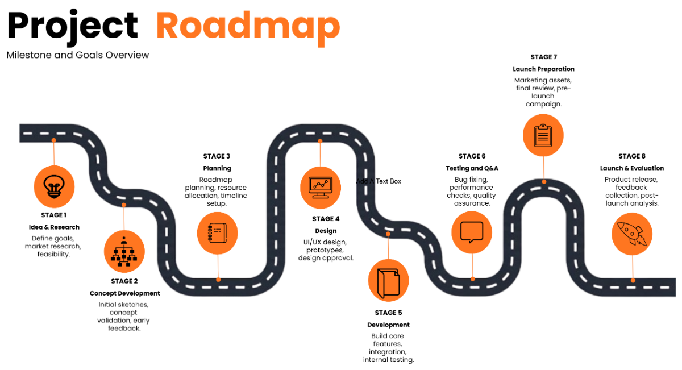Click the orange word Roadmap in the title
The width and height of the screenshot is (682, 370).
point(248,26)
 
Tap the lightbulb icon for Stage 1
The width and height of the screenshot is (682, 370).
point(54,186)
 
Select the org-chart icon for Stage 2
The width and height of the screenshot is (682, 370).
point(124,252)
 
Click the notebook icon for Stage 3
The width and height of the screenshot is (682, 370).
point(218,233)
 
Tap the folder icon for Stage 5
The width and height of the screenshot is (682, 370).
point(388,280)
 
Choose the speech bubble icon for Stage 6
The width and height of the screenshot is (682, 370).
point(472,232)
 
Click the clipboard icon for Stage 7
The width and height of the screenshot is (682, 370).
point(543,135)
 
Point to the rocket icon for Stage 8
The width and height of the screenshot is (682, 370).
point(632,233)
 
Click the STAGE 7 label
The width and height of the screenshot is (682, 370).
point(543,57)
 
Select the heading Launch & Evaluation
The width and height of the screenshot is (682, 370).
point(632,168)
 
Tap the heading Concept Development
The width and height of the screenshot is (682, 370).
point(124,293)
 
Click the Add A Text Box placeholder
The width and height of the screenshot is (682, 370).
point(379,181)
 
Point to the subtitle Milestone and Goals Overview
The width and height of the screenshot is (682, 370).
point(78,55)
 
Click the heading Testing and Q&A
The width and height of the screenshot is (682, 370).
point(472,168)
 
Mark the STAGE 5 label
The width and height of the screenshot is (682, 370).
point(388,313)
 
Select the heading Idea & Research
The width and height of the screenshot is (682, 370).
point(54,227)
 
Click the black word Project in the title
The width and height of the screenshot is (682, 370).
point(73,26)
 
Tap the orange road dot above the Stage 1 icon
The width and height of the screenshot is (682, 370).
point(53,139)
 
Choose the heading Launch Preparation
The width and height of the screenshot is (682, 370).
point(543,69)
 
